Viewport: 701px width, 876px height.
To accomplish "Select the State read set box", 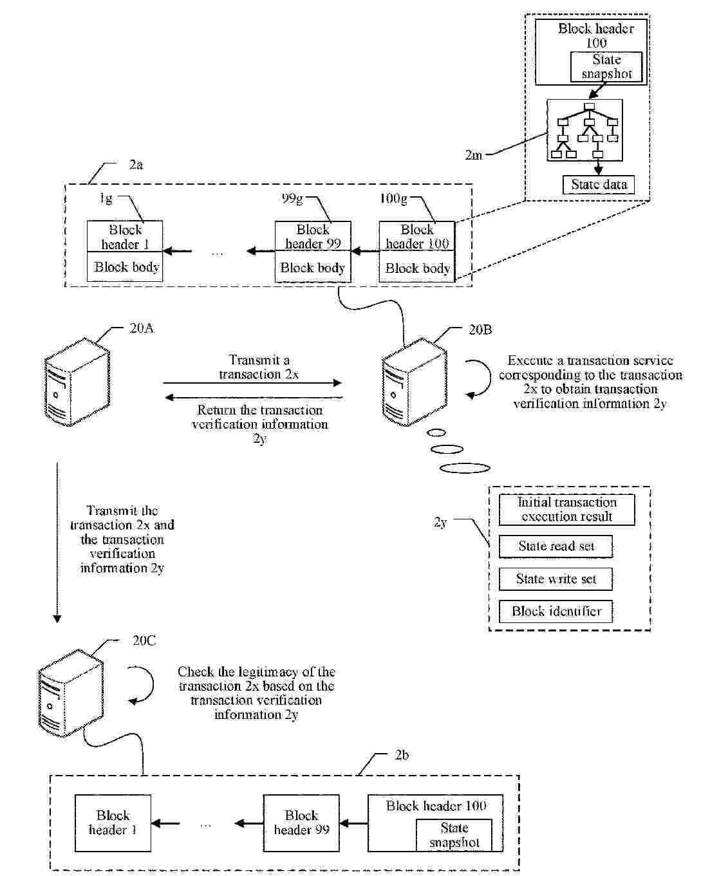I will point(556,546).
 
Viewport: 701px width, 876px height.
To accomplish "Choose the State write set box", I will point(556,579).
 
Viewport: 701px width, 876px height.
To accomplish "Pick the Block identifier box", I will point(556,611).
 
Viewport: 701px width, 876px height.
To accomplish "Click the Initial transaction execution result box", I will point(566,510).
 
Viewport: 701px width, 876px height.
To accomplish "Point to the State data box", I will point(599,185).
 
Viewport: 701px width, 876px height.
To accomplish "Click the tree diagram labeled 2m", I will point(584,131).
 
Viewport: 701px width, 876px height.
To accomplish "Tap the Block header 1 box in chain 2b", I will point(113,823).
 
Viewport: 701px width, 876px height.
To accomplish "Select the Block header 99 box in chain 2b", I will point(301,823).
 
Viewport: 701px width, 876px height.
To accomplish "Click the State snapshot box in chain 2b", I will point(454,835).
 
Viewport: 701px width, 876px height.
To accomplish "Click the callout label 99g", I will point(292,199).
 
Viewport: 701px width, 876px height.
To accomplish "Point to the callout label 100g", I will point(393,199).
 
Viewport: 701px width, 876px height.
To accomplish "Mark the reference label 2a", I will point(135,165).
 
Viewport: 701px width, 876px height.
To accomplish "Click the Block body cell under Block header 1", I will point(126,267).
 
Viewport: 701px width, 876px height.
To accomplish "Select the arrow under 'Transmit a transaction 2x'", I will point(252,384).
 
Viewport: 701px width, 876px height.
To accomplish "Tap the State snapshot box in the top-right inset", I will point(606,67).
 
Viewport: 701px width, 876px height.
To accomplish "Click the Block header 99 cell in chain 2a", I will point(313,237).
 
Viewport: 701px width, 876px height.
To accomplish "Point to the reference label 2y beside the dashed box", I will point(440,522).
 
